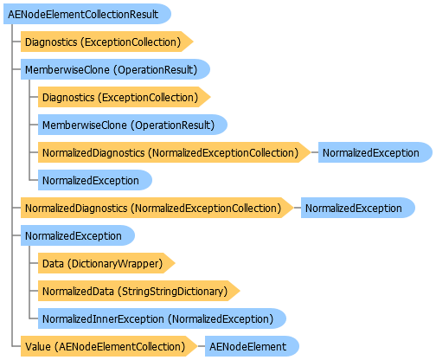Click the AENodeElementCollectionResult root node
coord(87,14)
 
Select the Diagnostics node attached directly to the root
coord(106,42)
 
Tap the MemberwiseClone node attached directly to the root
coord(115,69)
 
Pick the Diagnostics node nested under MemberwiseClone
coord(124,97)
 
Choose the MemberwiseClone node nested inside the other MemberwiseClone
coord(132,125)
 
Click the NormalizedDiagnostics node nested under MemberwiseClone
coord(174,152)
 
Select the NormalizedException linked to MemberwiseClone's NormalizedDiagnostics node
coord(375,152)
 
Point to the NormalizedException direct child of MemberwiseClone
coord(95,180)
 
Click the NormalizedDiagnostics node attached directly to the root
coord(157,208)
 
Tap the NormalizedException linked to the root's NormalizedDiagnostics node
coord(358,208)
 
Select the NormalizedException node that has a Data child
coord(78,235)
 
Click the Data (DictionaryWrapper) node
coord(106,263)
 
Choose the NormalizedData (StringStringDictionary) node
coord(138,291)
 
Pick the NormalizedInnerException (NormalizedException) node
coord(162,318)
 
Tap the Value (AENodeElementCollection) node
coord(109,346)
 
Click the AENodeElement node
coord(252,346)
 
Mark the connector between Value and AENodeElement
coord(202,346)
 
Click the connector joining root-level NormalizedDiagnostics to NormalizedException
coord(298,208)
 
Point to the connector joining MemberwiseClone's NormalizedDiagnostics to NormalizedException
coord(315,152)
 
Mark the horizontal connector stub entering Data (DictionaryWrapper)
coord(34,263)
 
